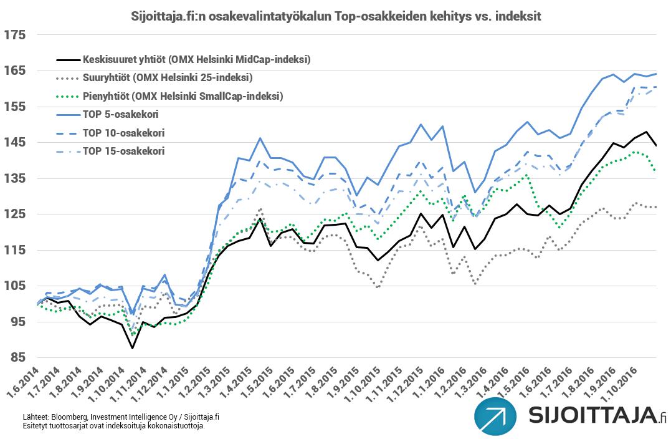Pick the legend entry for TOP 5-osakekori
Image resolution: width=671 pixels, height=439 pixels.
[x=120, y=115]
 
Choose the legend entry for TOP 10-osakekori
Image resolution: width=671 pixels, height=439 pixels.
[x=123, y=133]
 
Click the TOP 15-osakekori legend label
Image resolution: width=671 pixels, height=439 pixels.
[x=123, y=151]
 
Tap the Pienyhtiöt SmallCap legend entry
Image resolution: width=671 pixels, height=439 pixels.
[x=183, y=96]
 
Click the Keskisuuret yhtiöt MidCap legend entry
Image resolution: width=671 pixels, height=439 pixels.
[x=196, y=60]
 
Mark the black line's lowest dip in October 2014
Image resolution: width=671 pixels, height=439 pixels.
[x=133, y=348]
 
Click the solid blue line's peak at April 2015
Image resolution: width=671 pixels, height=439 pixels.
[x=260, y=138]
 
